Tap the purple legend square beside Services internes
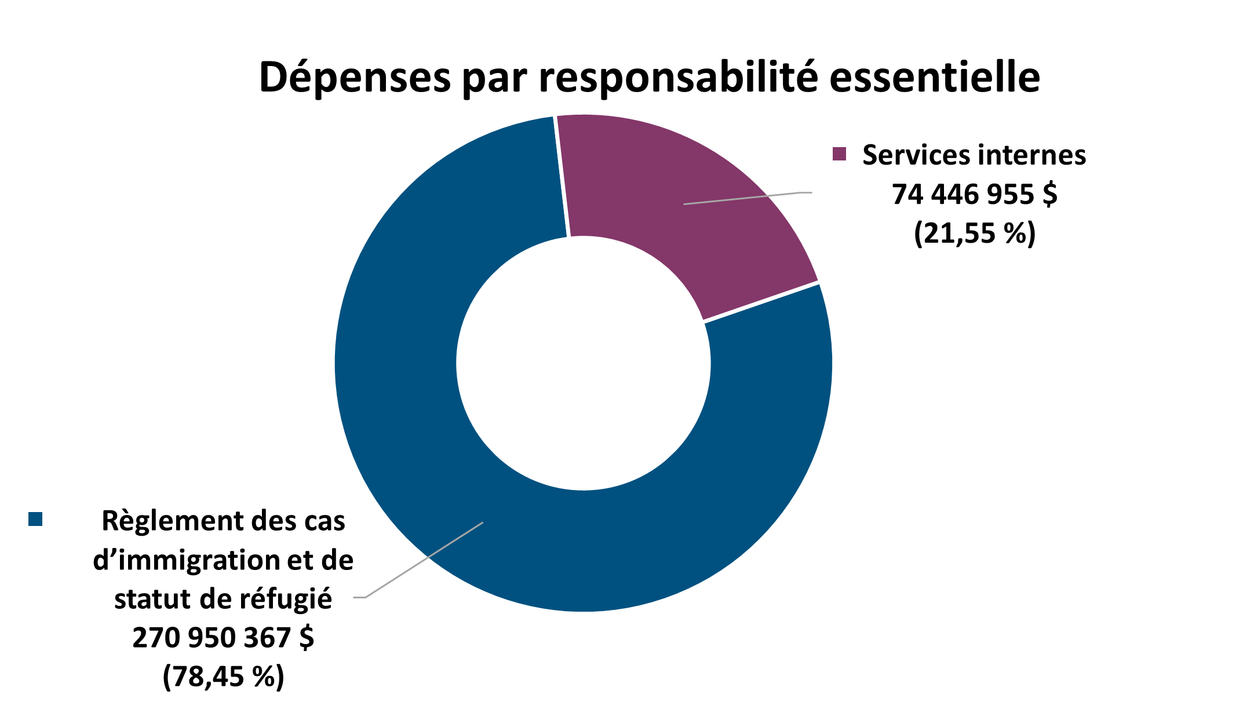(839, 154)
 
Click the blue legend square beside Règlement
(35, 519)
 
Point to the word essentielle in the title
(934, 77)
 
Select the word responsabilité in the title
(679, 77)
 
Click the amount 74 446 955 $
(974, 194)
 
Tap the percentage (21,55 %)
(974, 233)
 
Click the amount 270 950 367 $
(223, 638)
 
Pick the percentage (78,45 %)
(223, 676)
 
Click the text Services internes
(974, 155)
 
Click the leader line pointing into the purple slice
(748, 198)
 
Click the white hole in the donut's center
(583, 363)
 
